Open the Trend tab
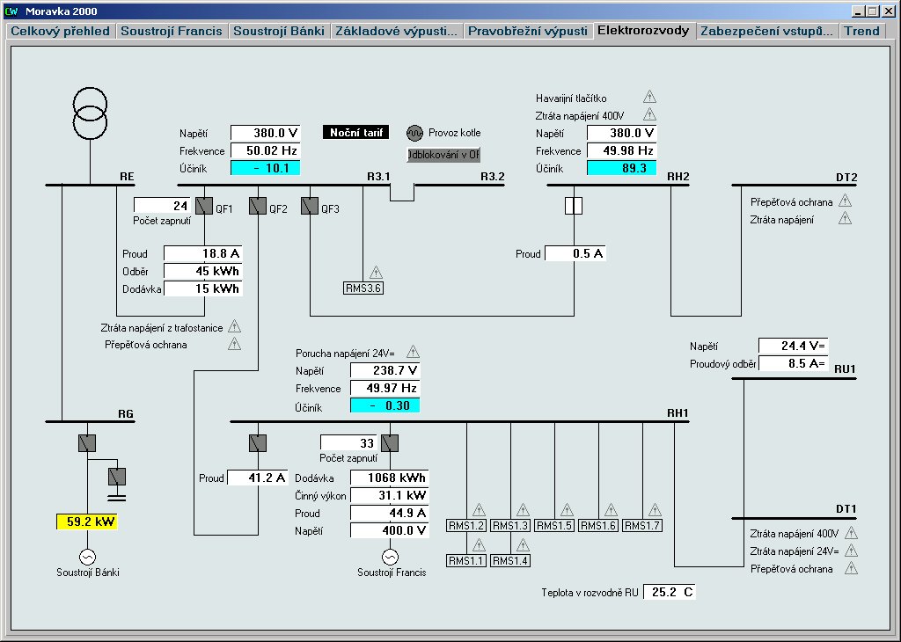(861, 31)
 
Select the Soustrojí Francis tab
(172, 31)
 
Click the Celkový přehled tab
(60, 31)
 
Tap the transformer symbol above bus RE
(90, 113)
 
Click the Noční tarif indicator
(354, 133)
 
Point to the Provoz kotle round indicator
(414, 133)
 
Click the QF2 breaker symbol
(257, 207)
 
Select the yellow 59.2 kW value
(85, 522)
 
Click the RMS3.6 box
(363, 287)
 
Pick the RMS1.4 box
(509, 560)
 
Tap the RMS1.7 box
(641, 525)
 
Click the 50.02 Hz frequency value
(266, 151)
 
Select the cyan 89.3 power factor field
(621, 168)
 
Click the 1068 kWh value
(389, 478)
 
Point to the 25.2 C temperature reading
(670, 592)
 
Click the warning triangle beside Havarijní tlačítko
(649, 98)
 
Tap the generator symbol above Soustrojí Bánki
(87, 557)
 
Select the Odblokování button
(443, 155)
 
